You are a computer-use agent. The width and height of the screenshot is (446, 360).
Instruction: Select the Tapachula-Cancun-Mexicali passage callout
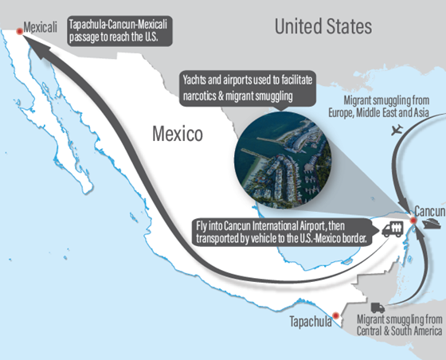tap(120, 28)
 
